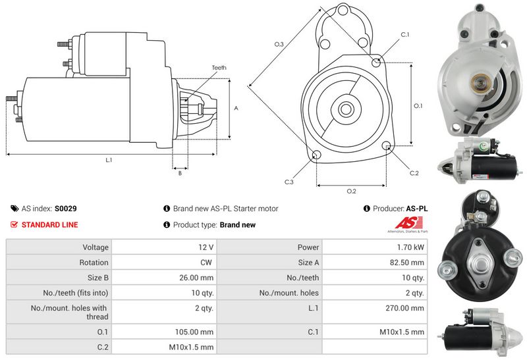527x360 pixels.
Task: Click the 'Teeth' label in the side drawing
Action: coord(219,68)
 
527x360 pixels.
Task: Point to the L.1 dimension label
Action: coord(109,161)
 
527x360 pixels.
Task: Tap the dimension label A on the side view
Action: coord(235,108)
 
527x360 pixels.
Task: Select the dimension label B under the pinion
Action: coord(180,172)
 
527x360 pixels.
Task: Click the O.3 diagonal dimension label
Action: coord(279,44)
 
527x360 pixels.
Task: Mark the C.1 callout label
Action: coord(405,34)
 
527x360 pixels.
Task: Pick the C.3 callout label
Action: coord(289,182)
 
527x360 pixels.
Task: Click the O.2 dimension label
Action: coord(351,191)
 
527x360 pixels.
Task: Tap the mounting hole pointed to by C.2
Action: coord(387,147)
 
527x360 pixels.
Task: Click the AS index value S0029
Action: coord(65,209)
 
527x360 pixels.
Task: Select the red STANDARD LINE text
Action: coord(49,225)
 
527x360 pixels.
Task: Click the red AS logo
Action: coord(403,224)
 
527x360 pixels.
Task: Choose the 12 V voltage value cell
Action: coord(206,247)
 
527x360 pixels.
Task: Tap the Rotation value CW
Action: coord(207,263)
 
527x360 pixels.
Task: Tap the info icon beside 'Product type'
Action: coord(167,225)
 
